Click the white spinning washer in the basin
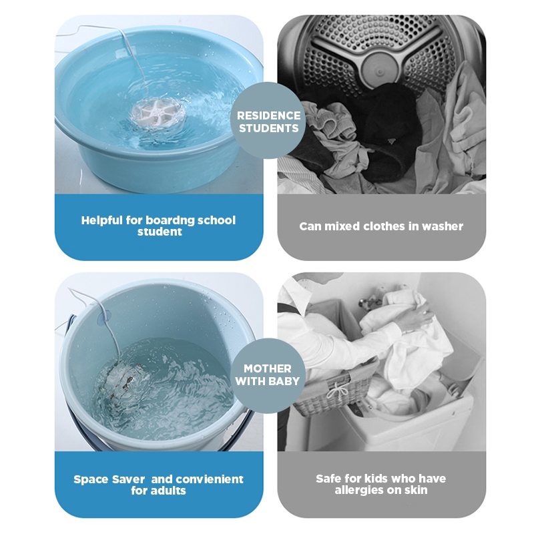(x=159, y=112)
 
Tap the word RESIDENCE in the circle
(x=269, y=115)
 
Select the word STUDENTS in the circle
(x=269, y=128)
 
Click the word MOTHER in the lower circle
(x=268, y=368)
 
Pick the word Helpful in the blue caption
(x=102, y=220)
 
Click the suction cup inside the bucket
(x=105, y=316)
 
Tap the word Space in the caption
(x=90, y=480)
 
